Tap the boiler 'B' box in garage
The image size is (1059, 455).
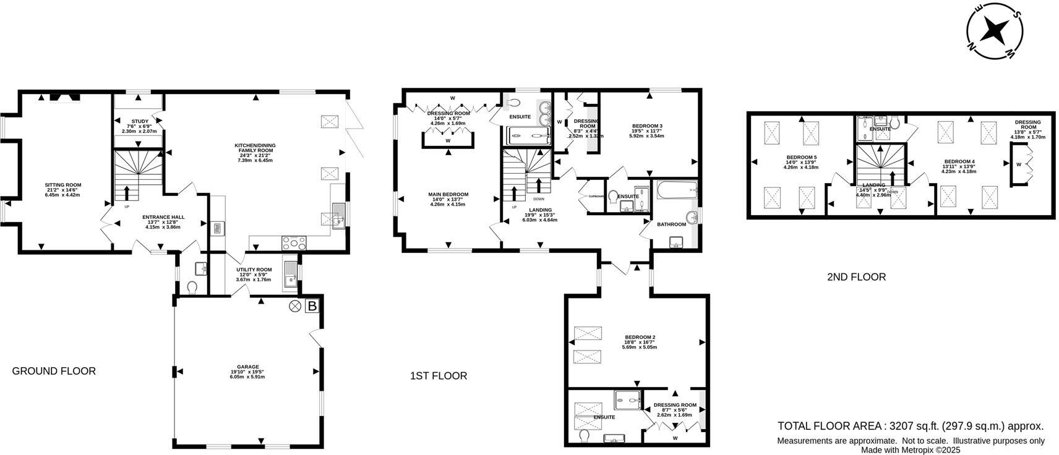(x=312, y=306)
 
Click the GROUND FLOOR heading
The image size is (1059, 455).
(x=54, y=371)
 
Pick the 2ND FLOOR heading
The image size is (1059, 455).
(x=856, y=277)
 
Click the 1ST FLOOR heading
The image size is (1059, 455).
(x=438, y=376)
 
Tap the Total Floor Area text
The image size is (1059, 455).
(x=910, y=426)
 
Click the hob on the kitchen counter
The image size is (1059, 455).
(x=294, y=243)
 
